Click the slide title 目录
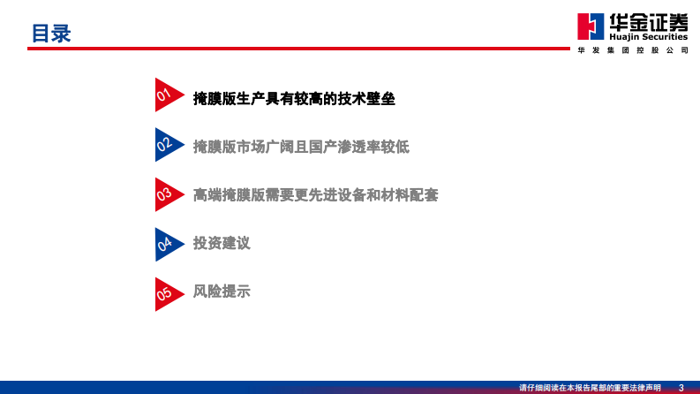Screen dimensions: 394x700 coord(50,34)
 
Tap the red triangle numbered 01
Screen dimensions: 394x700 coord(166,95)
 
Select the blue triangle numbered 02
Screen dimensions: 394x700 coord(166,143)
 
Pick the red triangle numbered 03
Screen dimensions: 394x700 coord(166,193)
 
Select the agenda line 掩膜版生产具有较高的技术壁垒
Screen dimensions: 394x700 coord(294,99)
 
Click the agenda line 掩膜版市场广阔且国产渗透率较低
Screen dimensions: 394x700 coord(301,147)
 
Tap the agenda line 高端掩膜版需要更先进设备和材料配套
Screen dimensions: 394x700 coord(315,195)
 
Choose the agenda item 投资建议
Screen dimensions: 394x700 coord(222,243)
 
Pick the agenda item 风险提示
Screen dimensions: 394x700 coord(222,291)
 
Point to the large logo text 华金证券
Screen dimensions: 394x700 coord(648,21)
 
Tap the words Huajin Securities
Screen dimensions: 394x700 coord(648,37)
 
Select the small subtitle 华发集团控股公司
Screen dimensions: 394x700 coord(632,50)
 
